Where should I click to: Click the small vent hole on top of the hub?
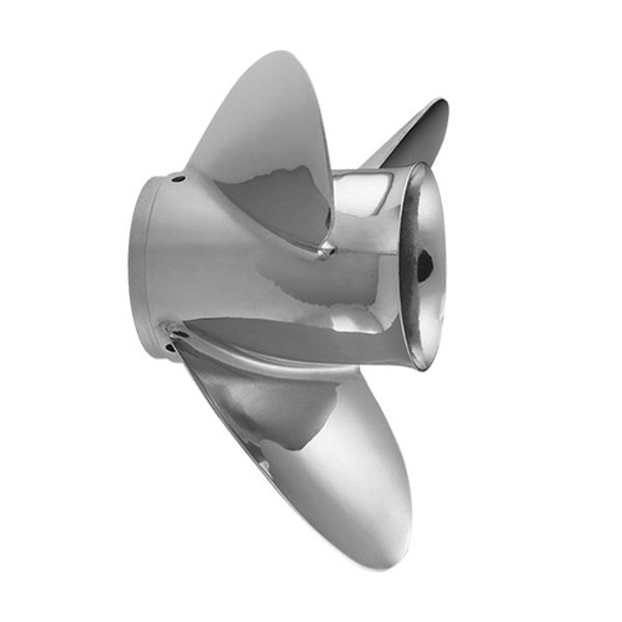point(179,179)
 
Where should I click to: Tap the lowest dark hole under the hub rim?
point(169,348)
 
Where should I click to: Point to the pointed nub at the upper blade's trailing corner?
point(325,250)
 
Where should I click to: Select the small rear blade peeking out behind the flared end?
point(423,131)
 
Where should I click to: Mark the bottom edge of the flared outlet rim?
point(423,366)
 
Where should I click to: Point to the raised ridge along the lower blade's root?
point(261,367)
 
